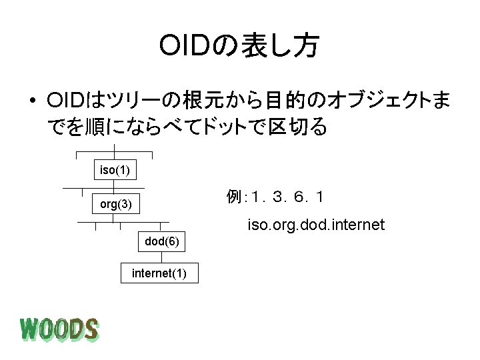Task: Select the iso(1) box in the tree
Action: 115,170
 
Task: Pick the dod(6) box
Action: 161,241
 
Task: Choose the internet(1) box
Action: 159,273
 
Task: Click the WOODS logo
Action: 59,329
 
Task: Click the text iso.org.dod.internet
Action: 316,225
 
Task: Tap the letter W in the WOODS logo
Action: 31,329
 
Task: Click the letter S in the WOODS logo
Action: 90,329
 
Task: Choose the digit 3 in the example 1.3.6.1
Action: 275,197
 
